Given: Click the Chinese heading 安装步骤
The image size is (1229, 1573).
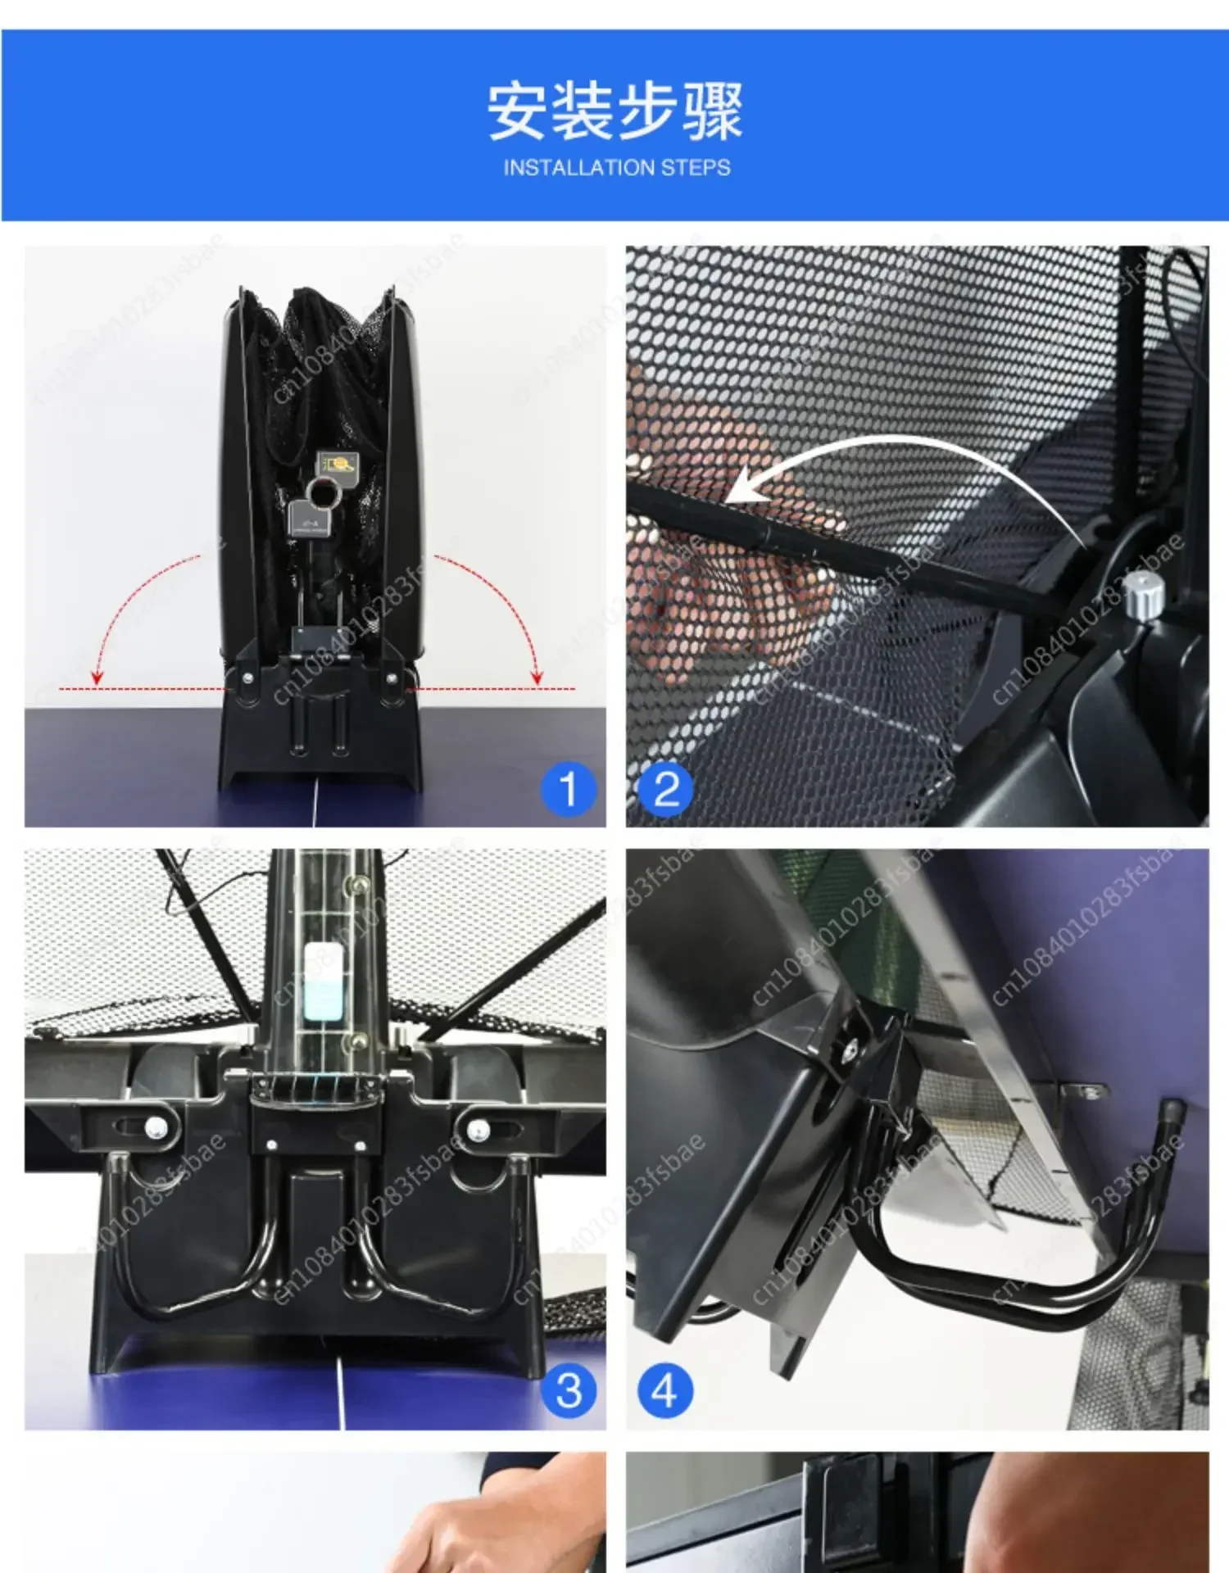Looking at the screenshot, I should pos(614,111).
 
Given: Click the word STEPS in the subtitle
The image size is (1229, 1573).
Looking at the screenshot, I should pos(696,168).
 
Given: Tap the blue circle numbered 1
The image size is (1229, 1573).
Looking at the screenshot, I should pos(568,789).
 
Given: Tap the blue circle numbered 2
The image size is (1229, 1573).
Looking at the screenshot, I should pos(665,789).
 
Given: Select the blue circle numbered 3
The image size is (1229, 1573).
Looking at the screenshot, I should pos(568,1390).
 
